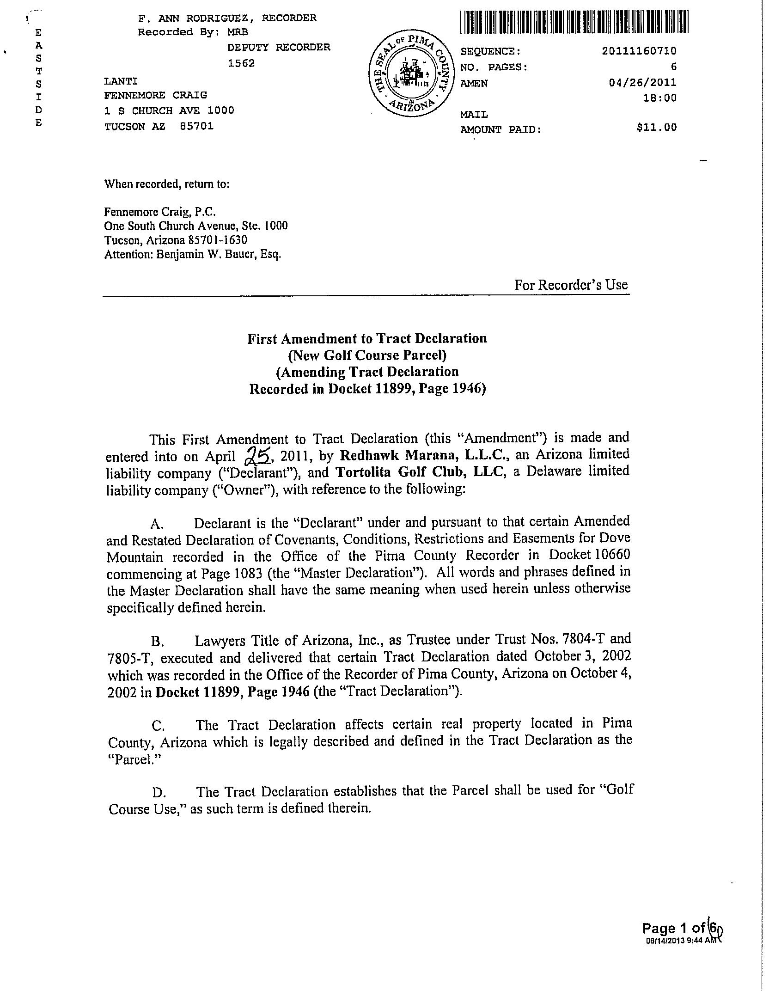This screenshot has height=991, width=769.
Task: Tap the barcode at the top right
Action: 574,22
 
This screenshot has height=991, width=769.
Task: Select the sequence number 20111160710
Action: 639,51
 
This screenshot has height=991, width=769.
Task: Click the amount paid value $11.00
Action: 656,127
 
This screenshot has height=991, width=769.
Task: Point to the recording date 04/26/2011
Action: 643,83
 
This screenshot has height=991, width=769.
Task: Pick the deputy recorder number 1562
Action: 241,63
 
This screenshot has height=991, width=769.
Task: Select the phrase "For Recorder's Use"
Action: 571,285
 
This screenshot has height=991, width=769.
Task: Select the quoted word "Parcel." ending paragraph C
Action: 133,760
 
